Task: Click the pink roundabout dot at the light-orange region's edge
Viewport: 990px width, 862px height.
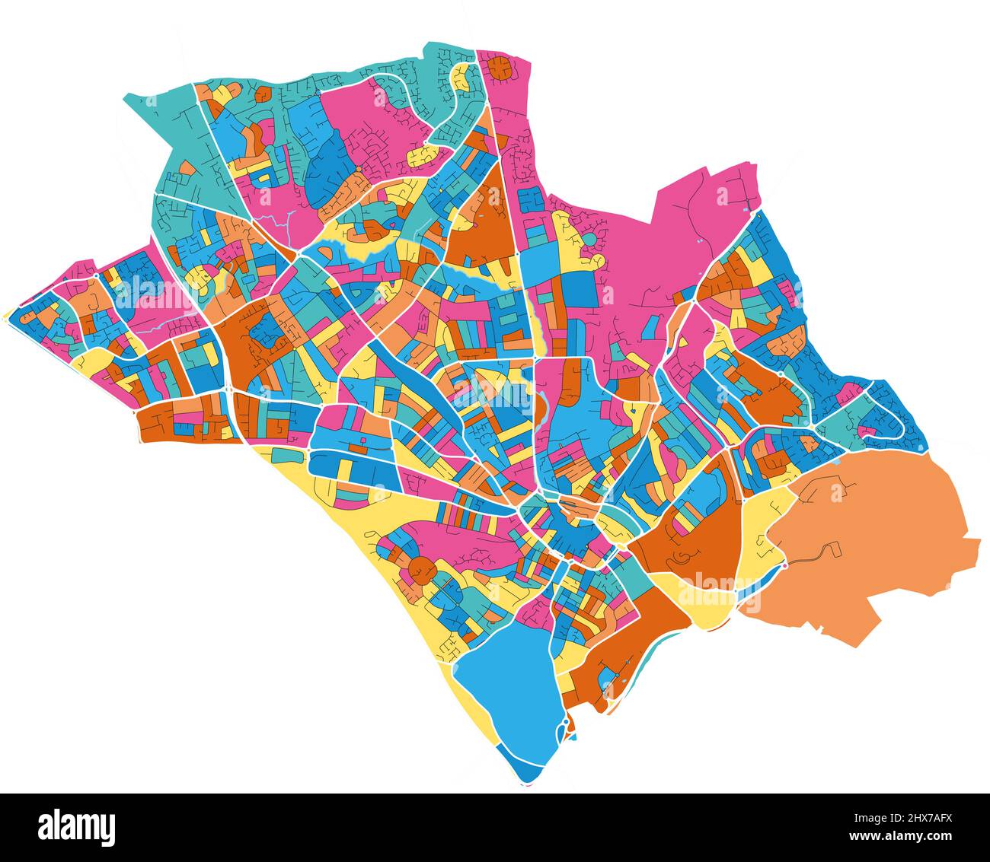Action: point(784,566)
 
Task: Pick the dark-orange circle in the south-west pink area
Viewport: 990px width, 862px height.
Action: point(420,569)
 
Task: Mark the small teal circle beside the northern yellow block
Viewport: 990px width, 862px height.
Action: point(589,240)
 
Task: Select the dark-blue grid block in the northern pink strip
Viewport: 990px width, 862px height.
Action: point(531,200)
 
